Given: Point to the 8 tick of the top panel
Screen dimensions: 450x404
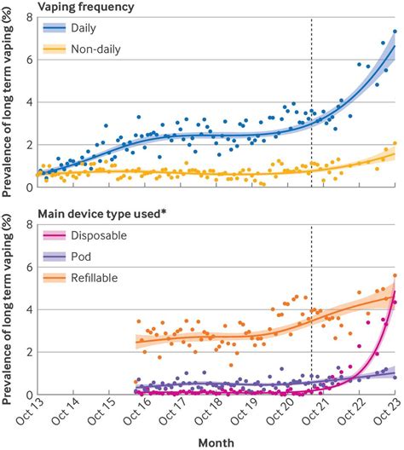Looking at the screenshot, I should tap(29, 17).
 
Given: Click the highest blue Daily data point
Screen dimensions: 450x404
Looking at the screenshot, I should tap(395, 32).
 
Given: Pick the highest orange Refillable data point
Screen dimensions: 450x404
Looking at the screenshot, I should tap(395, 275).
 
